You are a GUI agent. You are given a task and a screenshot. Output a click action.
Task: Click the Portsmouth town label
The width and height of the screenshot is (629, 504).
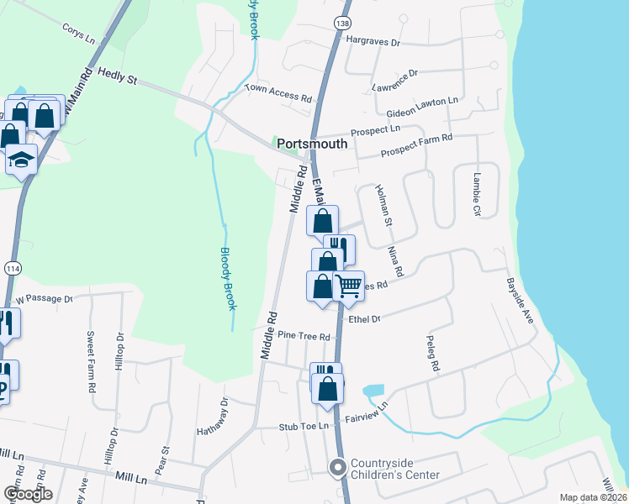click(312, 144)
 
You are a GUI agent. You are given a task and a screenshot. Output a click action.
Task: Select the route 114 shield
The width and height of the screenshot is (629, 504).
click(12, 267)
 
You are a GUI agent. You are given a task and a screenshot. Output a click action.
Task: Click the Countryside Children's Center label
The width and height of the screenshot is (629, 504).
click(394, 469)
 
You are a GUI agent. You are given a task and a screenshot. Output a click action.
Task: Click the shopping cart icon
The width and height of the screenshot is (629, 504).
click(348, 285)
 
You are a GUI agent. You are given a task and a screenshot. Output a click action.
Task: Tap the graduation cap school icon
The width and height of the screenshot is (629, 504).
click(21, 158)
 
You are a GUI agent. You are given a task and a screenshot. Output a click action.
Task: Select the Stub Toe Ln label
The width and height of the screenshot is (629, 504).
click(303, 427)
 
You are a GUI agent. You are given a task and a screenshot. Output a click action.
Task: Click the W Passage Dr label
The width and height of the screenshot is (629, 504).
click(44, 298)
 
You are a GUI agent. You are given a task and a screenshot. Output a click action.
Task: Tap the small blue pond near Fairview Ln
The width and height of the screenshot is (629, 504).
click(373, 391)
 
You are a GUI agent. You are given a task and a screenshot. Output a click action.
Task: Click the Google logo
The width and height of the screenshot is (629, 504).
click(28, 494)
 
